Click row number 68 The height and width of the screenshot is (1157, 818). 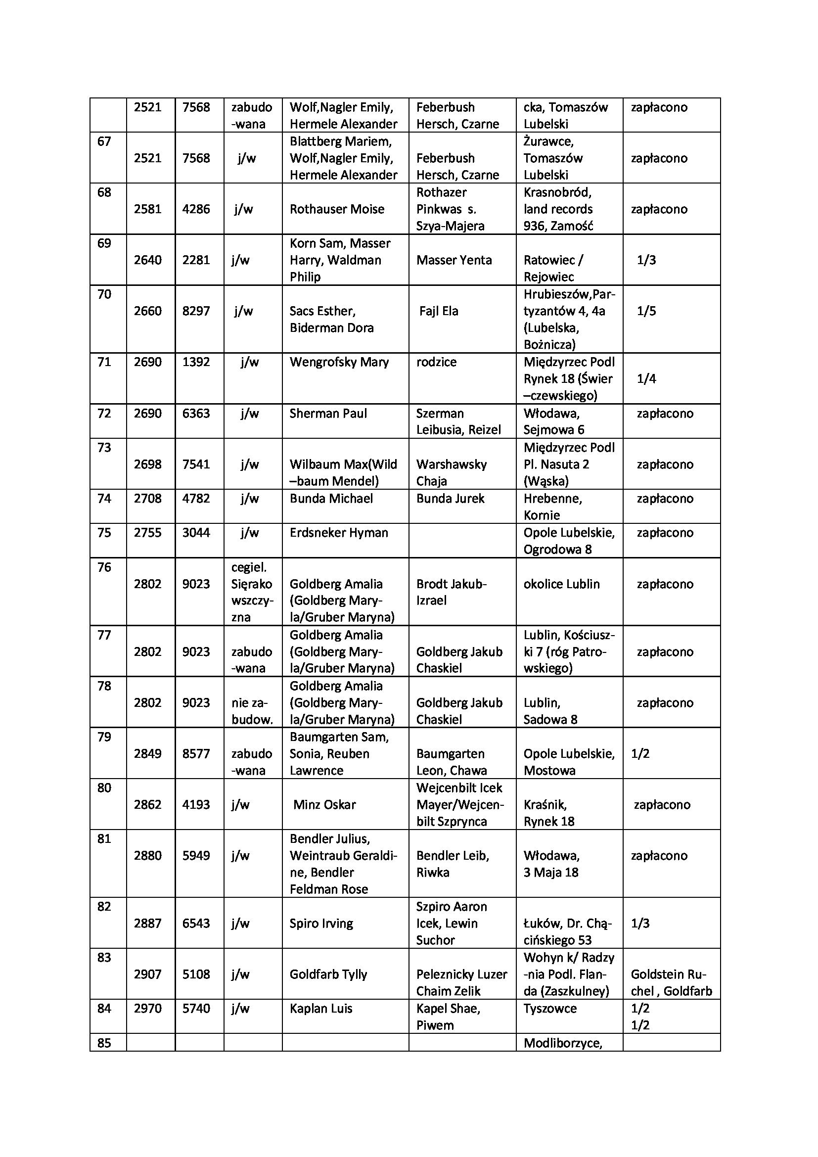coord(104,192)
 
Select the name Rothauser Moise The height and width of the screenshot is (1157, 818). coord(336,209)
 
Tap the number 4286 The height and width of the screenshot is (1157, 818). coord(196,209)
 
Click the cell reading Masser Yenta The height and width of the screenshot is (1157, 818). coord(454,260)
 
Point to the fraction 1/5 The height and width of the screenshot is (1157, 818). coord(646,311)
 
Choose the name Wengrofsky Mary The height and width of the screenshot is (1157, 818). coord(339,362)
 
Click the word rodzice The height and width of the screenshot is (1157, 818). coord(436,362)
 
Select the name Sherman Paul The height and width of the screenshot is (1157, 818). coord(328,413)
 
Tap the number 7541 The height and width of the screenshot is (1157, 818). coord(196,464)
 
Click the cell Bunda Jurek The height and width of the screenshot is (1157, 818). coord(450,499)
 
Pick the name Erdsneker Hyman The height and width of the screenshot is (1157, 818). coord(338,533)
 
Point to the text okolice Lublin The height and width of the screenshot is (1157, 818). coord(561,584)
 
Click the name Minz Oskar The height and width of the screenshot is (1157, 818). coord(324,805)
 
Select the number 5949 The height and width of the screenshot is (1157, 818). coord(196,856)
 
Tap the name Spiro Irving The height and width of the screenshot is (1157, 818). coord(321,923)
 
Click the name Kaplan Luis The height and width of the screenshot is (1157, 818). coord(320,1008)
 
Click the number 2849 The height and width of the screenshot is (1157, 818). coord(147,754)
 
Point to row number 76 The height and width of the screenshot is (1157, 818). coord(104,567)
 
